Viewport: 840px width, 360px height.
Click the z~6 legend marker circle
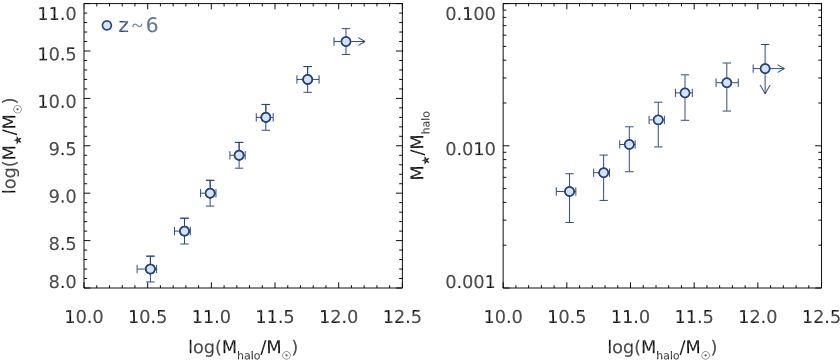(x=107, y=26)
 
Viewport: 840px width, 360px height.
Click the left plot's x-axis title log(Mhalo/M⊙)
(x=243, y=347)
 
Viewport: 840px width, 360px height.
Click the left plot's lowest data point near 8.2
(x=150, y=269)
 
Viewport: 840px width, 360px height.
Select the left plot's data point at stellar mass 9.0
(x=210, y=193)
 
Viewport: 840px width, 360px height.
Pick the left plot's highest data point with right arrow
(x=346, y=41)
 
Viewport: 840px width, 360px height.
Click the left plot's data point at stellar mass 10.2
(x=308, y=79)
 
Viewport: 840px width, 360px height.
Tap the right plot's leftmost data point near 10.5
(x=569, y=191)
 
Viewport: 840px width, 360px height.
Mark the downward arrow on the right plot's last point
(x=765, y=88)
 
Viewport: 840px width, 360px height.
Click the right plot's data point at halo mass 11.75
(x=727, y=83)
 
